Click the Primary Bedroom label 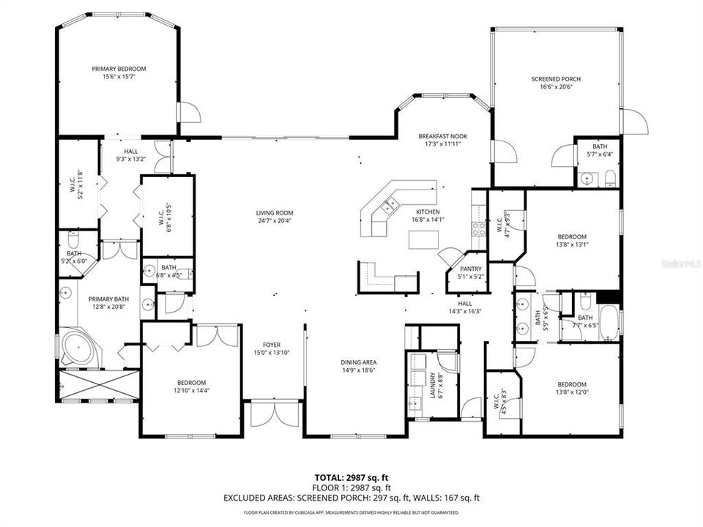tap(119, 69)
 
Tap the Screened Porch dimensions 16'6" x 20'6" tap(556, 86)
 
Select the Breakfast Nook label tap(442, 136)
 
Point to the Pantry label tap(470, 269)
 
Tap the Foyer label tap(272, 345)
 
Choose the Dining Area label tap(358, 362)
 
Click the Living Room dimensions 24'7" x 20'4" tap(275, 221)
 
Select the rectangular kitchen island tap(423, 239)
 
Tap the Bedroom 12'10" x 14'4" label tap(191, 383)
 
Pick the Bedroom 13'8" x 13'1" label tap(572, 236)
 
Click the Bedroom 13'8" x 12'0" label tap(572, 384)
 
